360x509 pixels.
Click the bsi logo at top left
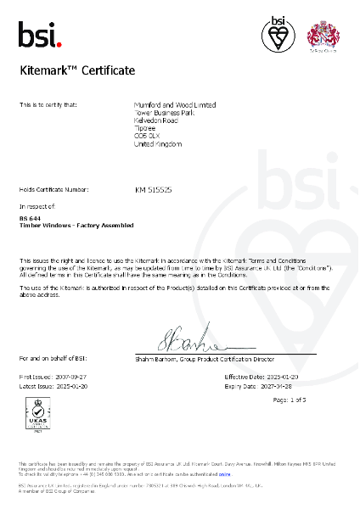tap(40, 35)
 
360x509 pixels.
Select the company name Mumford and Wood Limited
tap(176, 104)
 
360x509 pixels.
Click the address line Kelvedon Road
tap(158, 119)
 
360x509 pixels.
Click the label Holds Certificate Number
tap(53, 190)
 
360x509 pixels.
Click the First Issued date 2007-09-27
tap(71, 375)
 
